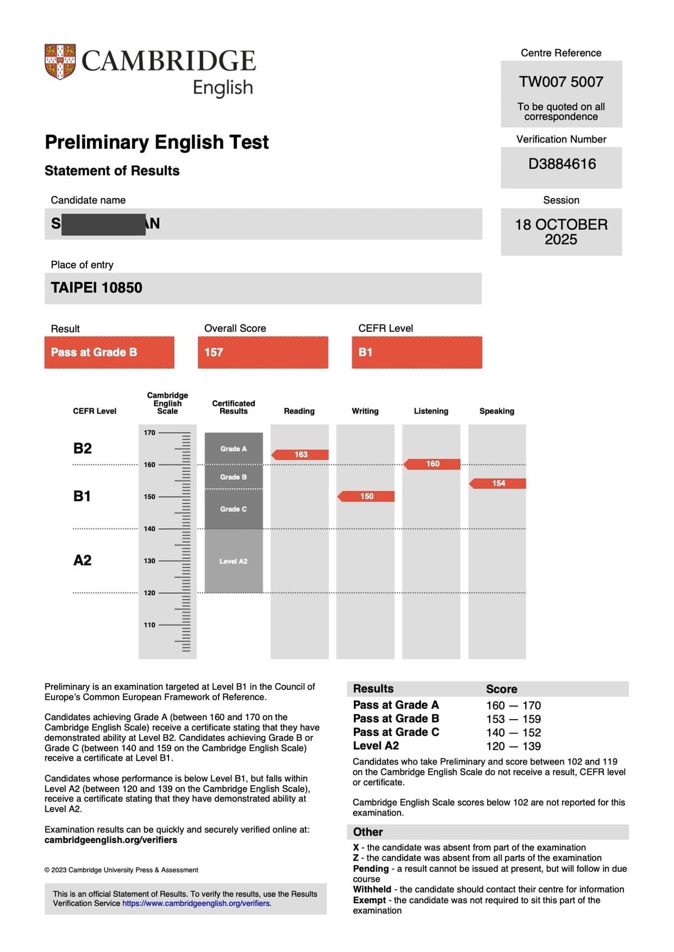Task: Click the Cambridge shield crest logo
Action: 60,61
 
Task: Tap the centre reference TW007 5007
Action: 561,82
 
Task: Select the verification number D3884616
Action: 562,164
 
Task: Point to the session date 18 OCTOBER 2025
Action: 561,232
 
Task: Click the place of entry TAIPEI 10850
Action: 97,288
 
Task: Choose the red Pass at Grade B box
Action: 109,353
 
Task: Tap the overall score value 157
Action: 214,353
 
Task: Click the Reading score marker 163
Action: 300,455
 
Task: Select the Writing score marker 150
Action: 366,496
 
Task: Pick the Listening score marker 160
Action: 432,464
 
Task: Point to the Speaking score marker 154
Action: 498,483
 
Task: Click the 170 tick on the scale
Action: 149,433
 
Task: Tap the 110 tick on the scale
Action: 149,625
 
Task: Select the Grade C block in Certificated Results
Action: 234,509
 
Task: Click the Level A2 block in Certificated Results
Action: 234,561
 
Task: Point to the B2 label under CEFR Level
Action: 83,448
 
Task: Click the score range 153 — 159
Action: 513,719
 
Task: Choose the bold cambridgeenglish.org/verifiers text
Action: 111,840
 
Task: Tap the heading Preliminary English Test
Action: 157,142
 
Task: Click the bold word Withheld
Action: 372,889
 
